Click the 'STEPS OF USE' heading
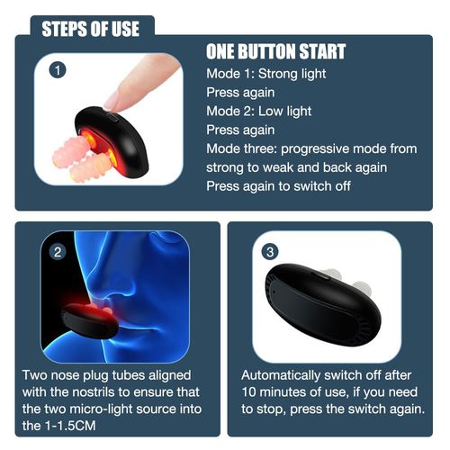[90, 29]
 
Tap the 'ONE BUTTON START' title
[275, 51]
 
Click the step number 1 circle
[58, 70]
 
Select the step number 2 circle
[58, 252]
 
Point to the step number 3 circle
[270, 252]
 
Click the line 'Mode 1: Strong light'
[265, 74]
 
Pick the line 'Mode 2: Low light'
[258, 112]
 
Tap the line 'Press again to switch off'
[278, 186]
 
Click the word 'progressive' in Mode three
[314, 149]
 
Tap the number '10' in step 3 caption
[249, 392]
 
